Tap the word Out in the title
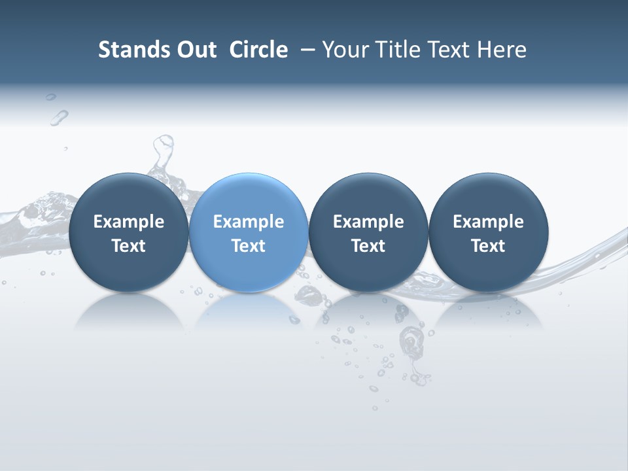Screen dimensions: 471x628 [x=194, y=50]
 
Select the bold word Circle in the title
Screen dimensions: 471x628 [x=258, y=50]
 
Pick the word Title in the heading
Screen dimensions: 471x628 [x=392, y=50]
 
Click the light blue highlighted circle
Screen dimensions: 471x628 [x=249, y=232]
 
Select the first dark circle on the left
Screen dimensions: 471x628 [x=128, y=232]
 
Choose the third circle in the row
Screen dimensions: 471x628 [x=368, y=232]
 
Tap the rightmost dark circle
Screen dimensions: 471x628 [x=488, y=232]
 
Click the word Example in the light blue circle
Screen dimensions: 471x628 [x=249, y=222]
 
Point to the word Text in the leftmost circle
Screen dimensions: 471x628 [x=128, y=246]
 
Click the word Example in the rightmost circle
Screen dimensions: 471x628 [x=488, y=222]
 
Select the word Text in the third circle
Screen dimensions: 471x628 [x=368, y=246]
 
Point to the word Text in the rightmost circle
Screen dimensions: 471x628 [x=488, y=246]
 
